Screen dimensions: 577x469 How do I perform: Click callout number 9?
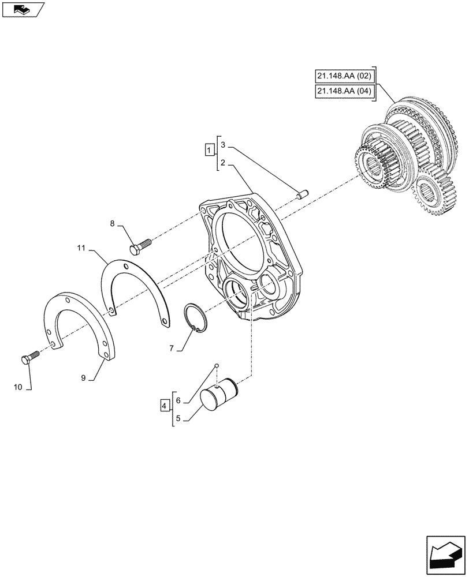(x=84, y=378)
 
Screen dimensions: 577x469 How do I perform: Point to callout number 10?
(x=18, y=387)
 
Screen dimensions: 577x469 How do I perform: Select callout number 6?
(x=178, y=400)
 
